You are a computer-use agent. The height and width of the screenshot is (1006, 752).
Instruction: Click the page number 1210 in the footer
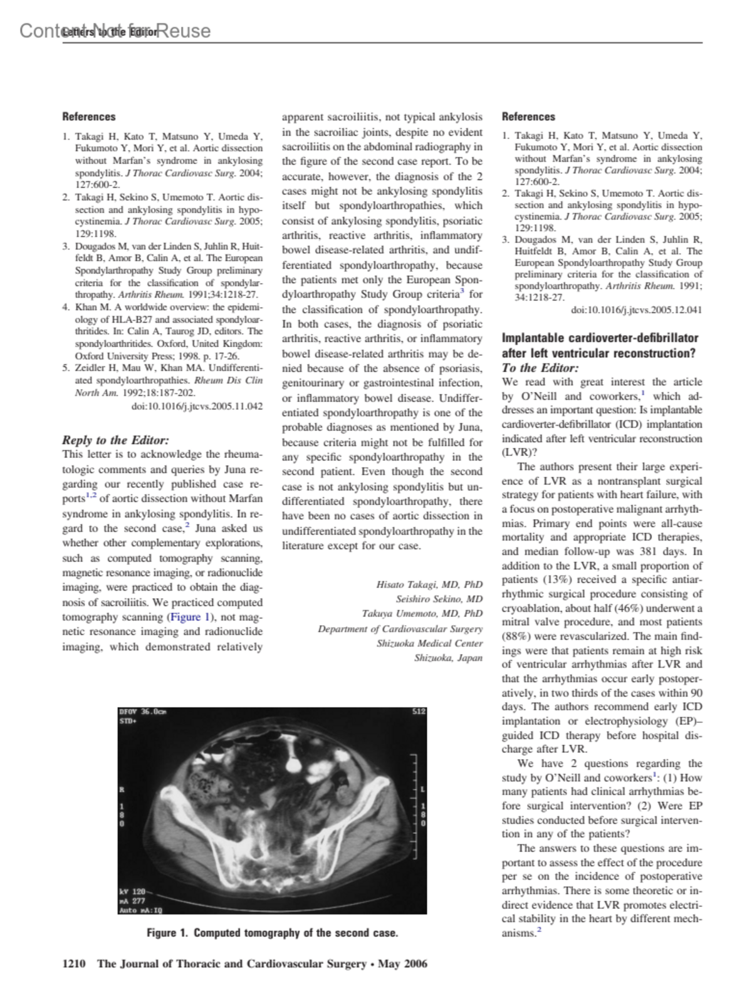pyautogui.click(x=74, y=963)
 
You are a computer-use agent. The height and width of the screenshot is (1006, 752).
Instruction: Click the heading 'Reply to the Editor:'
pyautogui.click(x=115, y=440)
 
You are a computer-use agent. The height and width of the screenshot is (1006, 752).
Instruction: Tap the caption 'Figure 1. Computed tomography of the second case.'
pyautogui.click(x=272, y=933)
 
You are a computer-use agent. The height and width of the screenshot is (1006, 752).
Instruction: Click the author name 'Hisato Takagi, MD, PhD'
pyautogui.click(x=429, y=584)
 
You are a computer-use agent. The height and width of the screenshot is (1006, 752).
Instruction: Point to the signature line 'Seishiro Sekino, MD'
pyautogui.click(x=439, y=599)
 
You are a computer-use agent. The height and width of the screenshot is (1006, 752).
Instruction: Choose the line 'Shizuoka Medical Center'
pyautogui.click(x=429, y=643)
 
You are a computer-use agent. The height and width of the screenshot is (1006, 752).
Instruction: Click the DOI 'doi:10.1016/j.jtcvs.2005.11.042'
pyautogui.click(x=197, y=407)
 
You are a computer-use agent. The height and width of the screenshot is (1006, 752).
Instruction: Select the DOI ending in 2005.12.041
pyautogui.click(x=637, y=309)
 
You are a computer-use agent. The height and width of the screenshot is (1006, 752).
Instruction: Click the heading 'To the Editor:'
pyautogui.click(x=540, y=368)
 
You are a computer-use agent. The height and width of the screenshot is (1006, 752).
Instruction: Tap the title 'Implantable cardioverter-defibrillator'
pyautogui.click(x=600, y=338)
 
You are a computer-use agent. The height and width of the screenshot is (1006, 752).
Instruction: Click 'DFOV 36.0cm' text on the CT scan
pyautogui.click(x=142, y=712)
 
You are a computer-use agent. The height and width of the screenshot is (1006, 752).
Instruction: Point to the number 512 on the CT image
pyautogui.click(x=419, y=712)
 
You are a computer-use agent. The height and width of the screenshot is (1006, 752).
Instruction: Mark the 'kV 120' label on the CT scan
pyautogui.click(x=132, y=891)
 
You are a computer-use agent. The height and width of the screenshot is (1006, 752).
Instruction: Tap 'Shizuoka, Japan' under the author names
pyautogui.click(x=448, y=658)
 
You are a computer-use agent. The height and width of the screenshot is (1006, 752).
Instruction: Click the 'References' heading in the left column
pyautogui.click(x=89, y=117)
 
